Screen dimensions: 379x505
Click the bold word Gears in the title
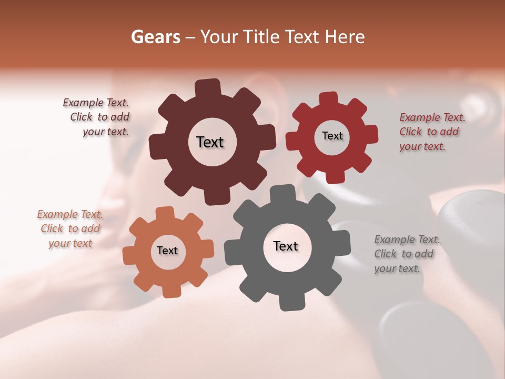click(x=156, y=37)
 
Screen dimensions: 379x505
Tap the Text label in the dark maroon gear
click(x=210, y=142)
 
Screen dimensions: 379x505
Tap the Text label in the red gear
click(x=332, y=136)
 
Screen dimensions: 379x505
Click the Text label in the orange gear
click(x=167, y=251)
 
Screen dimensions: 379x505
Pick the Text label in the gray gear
click(x=286, y=246)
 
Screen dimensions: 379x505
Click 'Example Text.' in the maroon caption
click(x=96, y=103)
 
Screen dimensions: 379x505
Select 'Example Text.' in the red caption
click(x=432, y=117)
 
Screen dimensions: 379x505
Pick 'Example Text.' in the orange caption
click(x=70, y=214)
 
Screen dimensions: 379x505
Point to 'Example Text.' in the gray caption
click(x=407, y=240)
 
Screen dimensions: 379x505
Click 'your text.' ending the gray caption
click(x=397, y=268)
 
